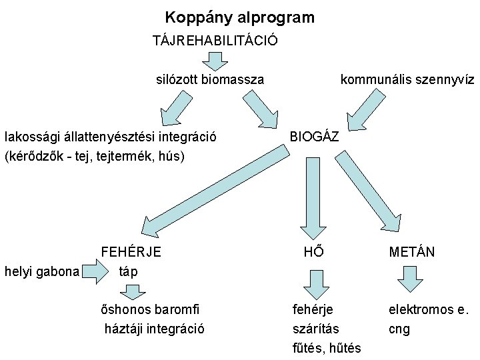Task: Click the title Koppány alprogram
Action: click(240, 17)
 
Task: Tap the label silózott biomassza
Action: click(210, 80)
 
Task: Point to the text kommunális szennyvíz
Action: click(407, 80)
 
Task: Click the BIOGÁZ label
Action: click(314, 137)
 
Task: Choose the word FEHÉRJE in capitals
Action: click(131, 252)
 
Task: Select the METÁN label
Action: click(412, 252)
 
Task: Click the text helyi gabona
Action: click(42, 271)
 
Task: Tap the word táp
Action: click(127, 271)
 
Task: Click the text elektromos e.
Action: click(429, 309)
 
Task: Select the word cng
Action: click(399, 329)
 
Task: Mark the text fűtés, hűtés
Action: click(327, 348)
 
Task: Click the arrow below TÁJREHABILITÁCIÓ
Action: click(215, 61)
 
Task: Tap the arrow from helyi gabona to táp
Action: click(97, 271)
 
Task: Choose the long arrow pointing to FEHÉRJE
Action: click(213, 193)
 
